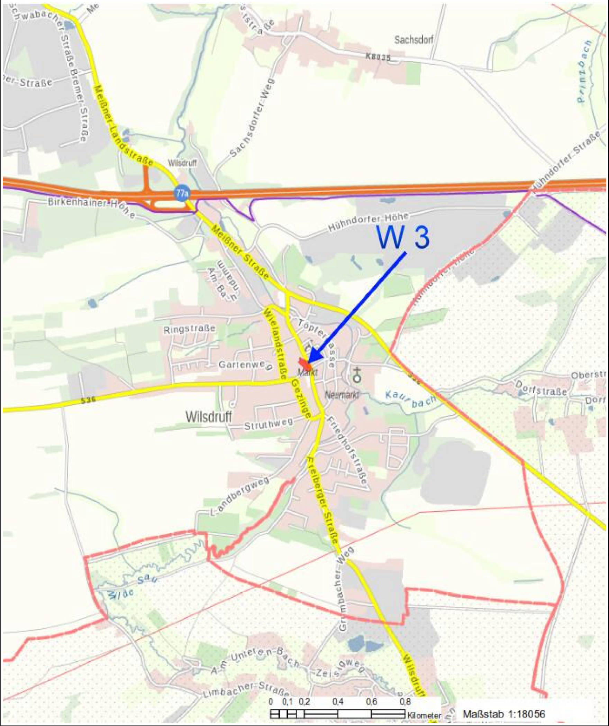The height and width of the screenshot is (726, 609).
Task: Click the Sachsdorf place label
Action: [x=413, y=40]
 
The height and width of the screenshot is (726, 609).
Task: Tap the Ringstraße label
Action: [x=190, y=328]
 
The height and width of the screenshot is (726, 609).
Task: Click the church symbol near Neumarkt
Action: [x=357, y=375]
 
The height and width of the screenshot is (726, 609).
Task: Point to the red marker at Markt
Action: [x=304, y=364]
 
